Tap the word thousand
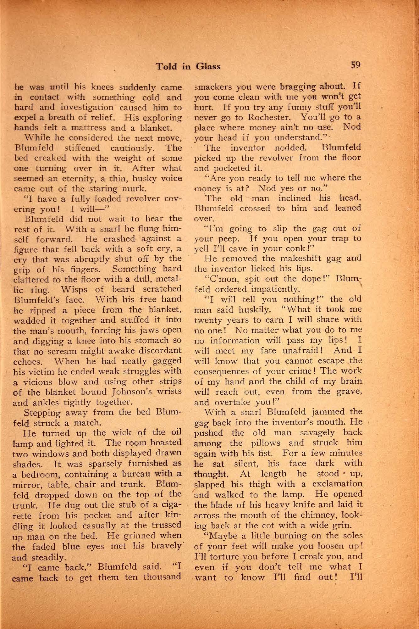(x=163, y=577)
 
